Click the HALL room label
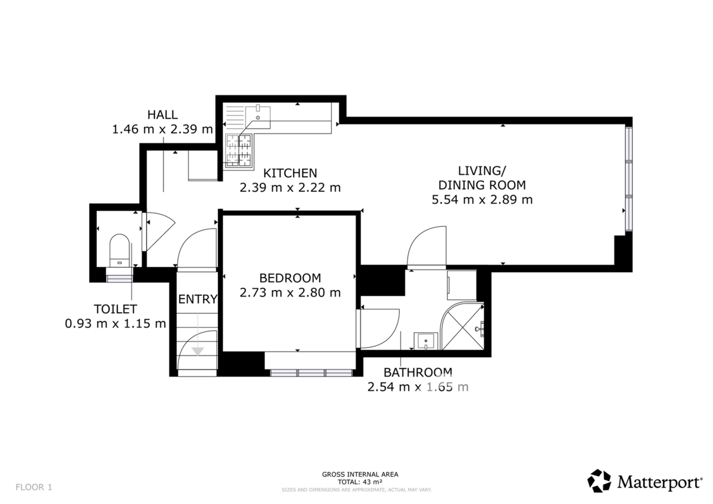162,115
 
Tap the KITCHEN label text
290,173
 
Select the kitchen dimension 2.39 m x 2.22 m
290,188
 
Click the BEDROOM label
290,278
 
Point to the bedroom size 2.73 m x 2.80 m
290,292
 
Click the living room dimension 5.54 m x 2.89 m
482,200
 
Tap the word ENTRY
198,300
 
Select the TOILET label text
115,309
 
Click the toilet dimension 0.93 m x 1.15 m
115,324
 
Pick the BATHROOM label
418,373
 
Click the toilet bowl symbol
119,250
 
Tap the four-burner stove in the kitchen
239,150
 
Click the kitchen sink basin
258,116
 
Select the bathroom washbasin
425,341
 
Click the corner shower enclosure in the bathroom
462,326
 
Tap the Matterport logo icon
599,481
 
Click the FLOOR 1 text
34,487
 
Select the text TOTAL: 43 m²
360,482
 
